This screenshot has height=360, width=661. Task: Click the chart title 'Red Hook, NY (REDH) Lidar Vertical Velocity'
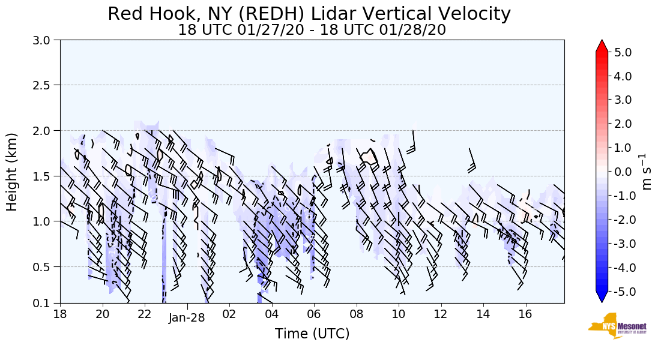tap(310, 14)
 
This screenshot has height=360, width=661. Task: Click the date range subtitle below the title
tap(312, 30)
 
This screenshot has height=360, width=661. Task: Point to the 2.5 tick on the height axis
tap(45, 85)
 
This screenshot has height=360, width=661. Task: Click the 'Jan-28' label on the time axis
tap(187, 318)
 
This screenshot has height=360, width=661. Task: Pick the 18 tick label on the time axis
tap(60, 314)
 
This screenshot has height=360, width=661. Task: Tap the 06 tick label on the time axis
tap(314, 314)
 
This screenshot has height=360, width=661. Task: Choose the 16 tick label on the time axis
tap(526, 314)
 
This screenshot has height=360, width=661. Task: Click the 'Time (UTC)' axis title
tap(312, 334)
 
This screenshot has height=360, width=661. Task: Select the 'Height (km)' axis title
tap(12, 172)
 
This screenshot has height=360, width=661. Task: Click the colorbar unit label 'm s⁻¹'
tap(647, 172)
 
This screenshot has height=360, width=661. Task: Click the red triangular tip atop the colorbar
tap(602, 46)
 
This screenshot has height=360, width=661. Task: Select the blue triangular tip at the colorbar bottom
tap(602, 296)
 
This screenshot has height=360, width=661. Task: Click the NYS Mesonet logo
tap(617, 326)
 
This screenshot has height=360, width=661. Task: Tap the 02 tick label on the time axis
tap(229, 314)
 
